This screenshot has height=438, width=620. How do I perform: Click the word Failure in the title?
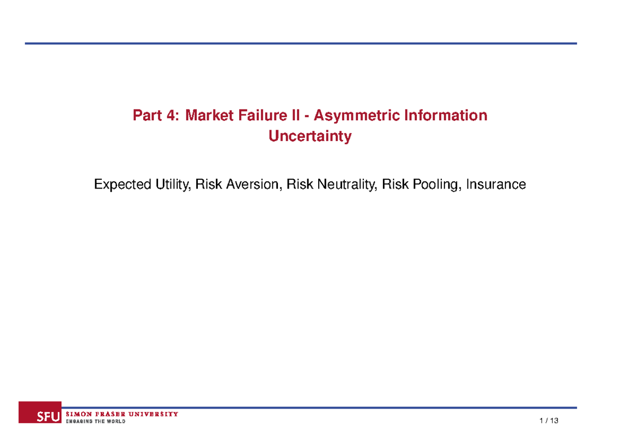point(265,115)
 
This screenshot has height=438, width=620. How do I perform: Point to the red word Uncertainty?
point(310,136)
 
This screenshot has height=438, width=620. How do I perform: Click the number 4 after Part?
point(171,115)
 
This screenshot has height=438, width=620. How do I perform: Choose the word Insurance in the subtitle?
point(495,184)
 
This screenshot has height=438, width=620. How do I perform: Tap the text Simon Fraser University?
point(122,414)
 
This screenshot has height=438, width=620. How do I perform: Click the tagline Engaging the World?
point(95,421)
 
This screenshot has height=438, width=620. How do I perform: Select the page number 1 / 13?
point(549,421)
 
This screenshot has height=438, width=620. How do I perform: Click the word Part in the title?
point(147,115)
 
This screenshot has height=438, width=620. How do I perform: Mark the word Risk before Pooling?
point(393,184)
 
